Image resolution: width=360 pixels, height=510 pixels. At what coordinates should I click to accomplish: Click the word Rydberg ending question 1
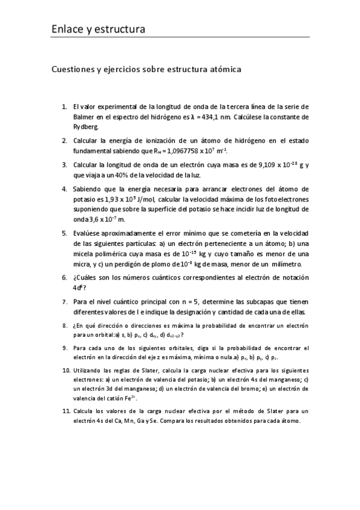click(x=88, y=127)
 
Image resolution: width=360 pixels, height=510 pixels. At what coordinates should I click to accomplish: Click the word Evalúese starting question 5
click(x=88, y=233)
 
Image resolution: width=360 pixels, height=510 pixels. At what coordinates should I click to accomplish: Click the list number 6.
click(x=64, y=277)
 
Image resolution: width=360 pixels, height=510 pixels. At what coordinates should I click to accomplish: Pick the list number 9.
click(x=65, y=348)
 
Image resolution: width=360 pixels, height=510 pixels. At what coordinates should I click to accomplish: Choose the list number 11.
click(x=66, y=411)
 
